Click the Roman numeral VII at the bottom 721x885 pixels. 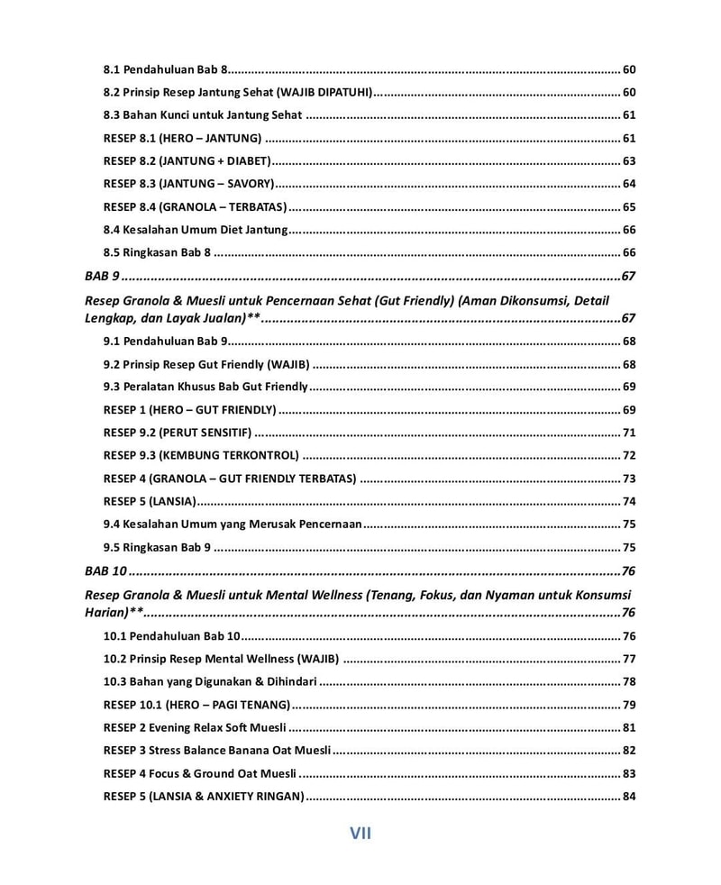[x=360, y=834]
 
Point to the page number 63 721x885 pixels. [x=629, y=160]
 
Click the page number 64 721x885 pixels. [x=629, y=184]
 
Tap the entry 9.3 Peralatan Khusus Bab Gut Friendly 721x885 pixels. [x=205, y=387]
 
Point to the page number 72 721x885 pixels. [x=629, y=455]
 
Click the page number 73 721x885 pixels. [x=629, y=479]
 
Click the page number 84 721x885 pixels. [x=629, y=796]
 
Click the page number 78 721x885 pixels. [x=629, y=682]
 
